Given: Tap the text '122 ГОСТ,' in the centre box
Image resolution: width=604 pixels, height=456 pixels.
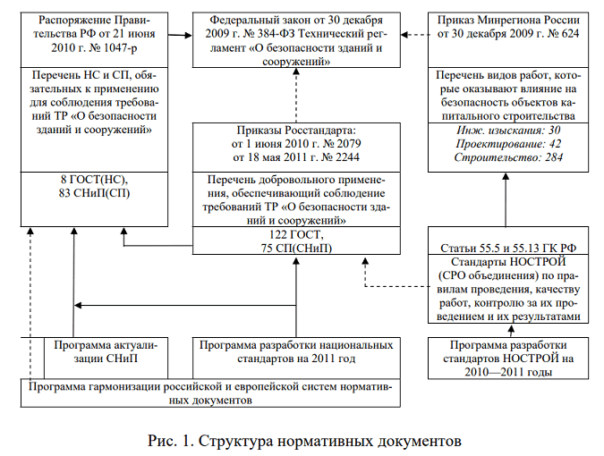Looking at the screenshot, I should [x=294, y=233].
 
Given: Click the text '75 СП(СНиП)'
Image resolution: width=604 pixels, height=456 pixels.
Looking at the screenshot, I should [x=294, y=248].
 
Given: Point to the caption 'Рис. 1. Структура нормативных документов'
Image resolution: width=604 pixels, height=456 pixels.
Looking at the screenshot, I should [x=302, y=440].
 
